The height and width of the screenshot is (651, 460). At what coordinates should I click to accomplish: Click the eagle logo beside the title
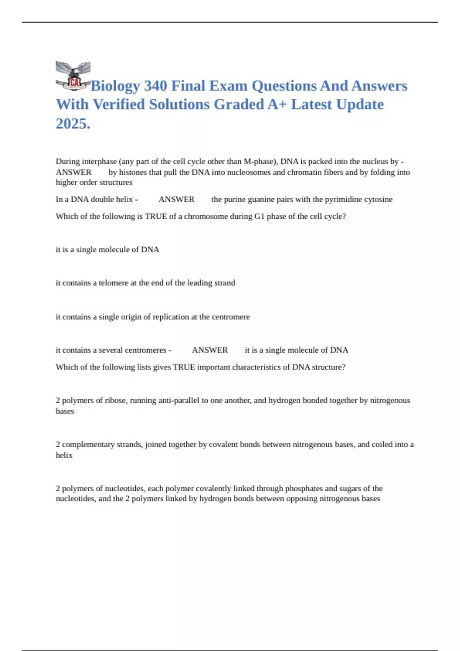[73, 76]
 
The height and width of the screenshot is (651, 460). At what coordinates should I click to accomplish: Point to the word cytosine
[377, 200]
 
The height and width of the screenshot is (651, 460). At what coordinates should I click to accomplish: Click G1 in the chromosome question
[260, 216]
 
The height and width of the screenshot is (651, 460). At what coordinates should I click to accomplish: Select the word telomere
[113, 283]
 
